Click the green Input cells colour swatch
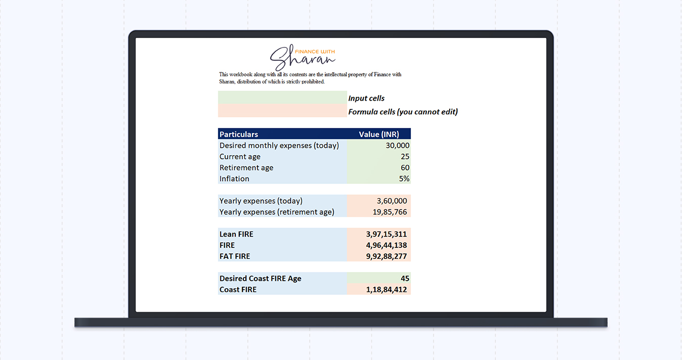coord(282,98)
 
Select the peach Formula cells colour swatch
coord(282,111)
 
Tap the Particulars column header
coord(239,134)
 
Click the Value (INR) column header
coord(379,134)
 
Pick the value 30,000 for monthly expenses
coord(397,146)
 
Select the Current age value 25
coord(405,157)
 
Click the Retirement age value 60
coord(405,168)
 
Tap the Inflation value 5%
coord(404,179)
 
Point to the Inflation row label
coord(234,179)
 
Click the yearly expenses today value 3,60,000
coord(392,201)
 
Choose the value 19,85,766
coord(390,212)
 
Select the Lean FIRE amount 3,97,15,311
coord(387,235)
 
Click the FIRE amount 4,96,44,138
coord(387,246)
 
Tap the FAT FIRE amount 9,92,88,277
coord(387,257)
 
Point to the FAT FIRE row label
coord(235,257)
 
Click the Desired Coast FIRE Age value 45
coord(405,279)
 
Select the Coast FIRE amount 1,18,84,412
coord(387,290)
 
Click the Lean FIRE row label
coord(236,235)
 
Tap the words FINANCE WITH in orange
coord(315,52)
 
